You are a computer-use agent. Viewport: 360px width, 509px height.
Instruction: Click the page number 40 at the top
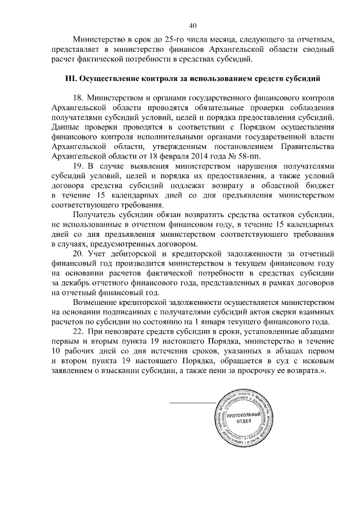point(192,25)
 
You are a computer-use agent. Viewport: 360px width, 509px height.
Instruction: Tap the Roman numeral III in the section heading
point(72,76)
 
